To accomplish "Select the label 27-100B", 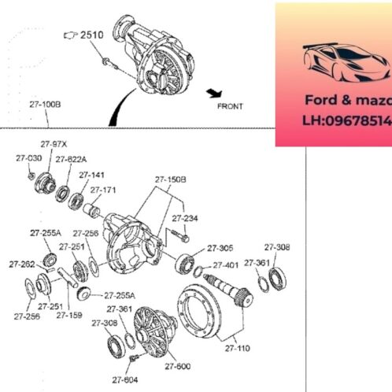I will (x=45, y=103).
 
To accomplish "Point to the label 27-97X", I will (x=54, y=144).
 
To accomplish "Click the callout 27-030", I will (x=28, y=158).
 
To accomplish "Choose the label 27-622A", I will (x=71, y=158).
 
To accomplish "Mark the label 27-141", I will (x=93, y=175).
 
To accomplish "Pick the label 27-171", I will (x=103, y=190).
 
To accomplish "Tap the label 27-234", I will (x=185, y=218).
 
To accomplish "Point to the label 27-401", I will (x=225, y=265).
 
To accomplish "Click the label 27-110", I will (x=237, y=346).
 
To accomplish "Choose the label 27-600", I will (x=177, y=366).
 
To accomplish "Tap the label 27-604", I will (x=124, y=380).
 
